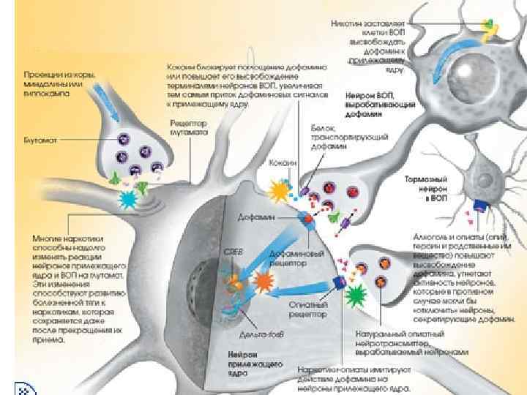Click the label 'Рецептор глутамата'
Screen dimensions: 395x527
point(188,129)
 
